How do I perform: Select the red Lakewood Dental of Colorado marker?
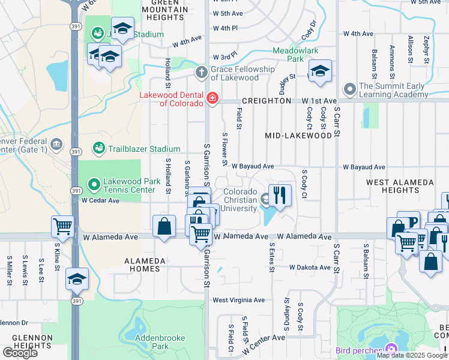tap(212, 98)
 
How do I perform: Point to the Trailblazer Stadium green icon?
tap(98, 148)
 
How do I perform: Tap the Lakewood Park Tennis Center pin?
tap(93, 184)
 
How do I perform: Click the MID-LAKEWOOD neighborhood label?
tap(298, 136)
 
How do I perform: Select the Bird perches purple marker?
tap(391, 349)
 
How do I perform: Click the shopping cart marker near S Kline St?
tap(62, 226)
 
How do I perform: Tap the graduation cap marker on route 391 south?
tap(77, 278)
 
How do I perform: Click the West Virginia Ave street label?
tap(238, 300)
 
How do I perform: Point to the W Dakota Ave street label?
tap(310, 268)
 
